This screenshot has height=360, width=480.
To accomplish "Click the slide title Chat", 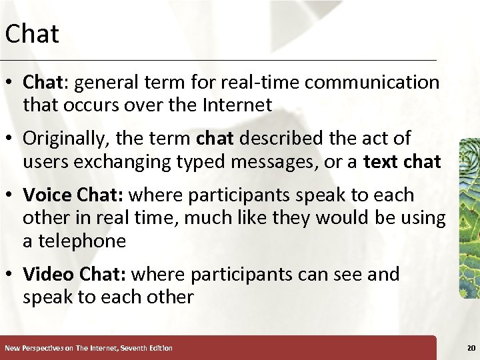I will coord(32,34).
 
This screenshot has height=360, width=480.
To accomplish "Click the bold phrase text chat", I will coord(402,161).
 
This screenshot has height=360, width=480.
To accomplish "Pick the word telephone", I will coord(82,241).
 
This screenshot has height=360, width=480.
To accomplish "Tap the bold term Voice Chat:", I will coord(73,195).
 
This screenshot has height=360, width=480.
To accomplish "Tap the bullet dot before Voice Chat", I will coord(11,195).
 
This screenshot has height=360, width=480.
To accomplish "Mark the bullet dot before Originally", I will coord(11,139).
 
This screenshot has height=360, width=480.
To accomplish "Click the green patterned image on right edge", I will coord(469,217).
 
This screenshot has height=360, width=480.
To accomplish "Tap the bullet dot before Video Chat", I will coord(11,274).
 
